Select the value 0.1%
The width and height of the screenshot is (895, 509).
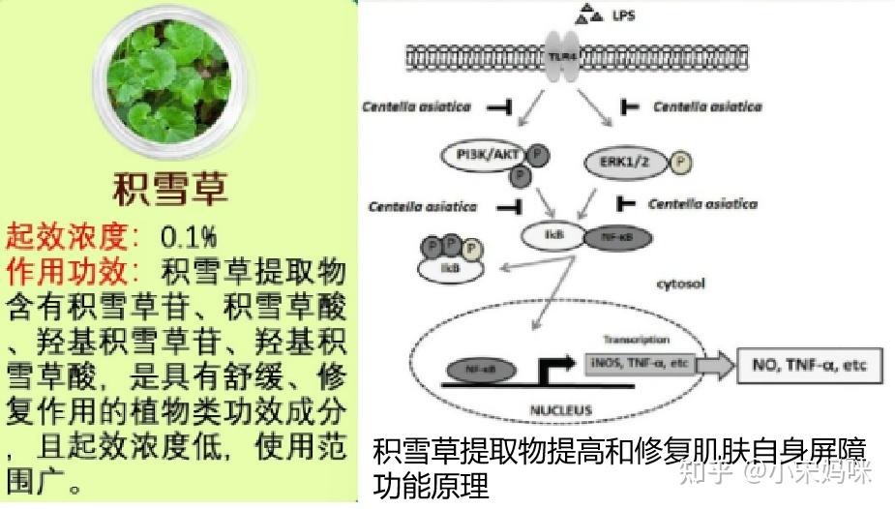tap(189, 235)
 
